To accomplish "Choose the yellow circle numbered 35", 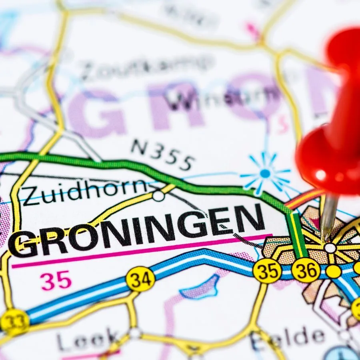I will [x=267, y=270].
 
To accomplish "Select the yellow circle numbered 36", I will [x=306, y=270].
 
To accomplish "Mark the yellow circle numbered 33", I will [x=14, y=322].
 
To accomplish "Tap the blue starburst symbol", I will [x=265, y=174].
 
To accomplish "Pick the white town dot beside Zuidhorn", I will [x=158, y=196].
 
